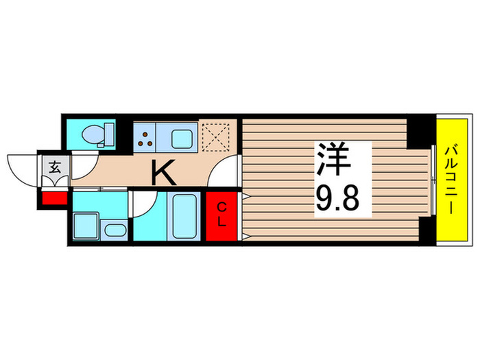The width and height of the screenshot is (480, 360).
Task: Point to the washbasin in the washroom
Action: (x=115, y=230)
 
